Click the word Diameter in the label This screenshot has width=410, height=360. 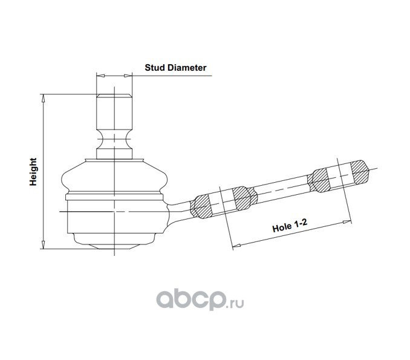tap(187, 68)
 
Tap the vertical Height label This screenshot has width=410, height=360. tap(33, 172)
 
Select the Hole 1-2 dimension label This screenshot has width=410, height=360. tap(290, 226)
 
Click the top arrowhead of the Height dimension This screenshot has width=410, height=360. tap(44, 99)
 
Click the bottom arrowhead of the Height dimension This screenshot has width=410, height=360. tap(44, 244)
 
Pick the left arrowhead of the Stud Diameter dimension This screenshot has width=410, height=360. tap(100, 76)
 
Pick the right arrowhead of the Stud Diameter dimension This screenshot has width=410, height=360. tap(128, 76)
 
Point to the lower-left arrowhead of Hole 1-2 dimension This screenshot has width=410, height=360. tap(236, 246)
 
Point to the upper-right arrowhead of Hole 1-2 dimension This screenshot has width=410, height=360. tap(347, 222)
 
